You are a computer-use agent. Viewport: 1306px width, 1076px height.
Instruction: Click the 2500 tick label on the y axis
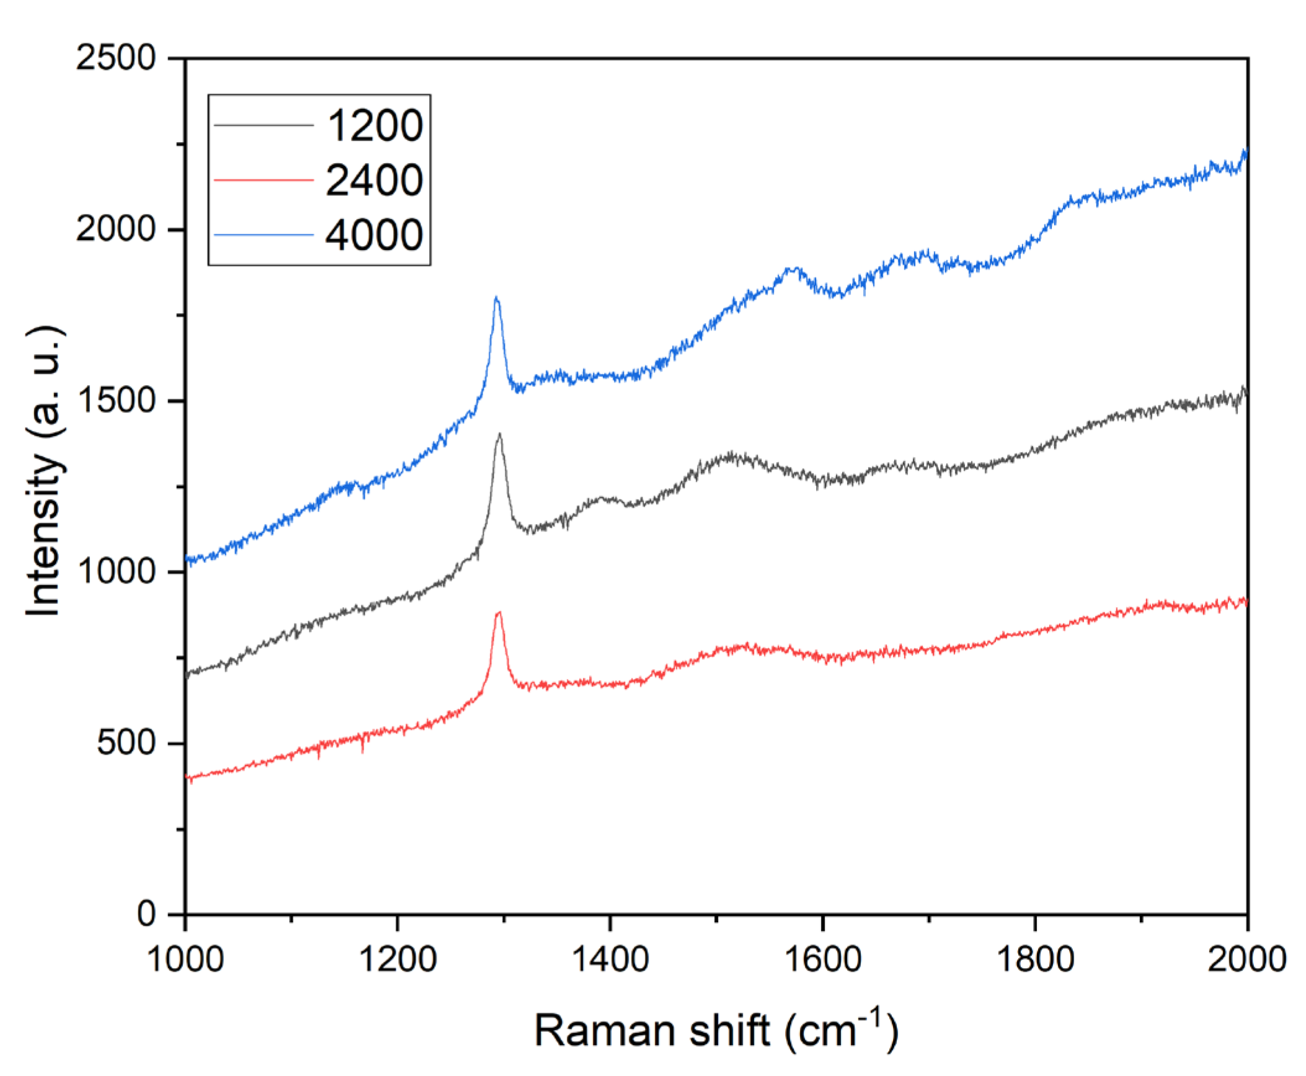tap(115, 59)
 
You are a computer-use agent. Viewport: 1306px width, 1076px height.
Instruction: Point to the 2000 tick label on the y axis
tap(115, 229)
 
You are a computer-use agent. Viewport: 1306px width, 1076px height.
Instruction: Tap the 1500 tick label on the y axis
tap(115, 401)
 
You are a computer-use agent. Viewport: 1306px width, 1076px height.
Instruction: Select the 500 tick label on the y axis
tap(126, 742)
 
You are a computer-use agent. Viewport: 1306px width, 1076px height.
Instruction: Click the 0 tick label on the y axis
tap(146, 914)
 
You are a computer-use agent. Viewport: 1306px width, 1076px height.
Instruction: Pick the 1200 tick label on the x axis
tap(397, 959)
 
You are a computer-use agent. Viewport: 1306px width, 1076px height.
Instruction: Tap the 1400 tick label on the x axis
tap(610, 959)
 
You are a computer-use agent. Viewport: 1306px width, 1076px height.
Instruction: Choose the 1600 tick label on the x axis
tap(822, 959)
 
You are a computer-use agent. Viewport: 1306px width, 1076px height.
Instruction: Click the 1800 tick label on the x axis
tap(1035, 959)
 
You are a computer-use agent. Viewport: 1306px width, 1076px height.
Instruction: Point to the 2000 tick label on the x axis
tap(1246, 959)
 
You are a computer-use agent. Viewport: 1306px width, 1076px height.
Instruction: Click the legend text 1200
tap(375, 125)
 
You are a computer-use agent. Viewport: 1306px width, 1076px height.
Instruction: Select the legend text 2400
tap(375, 180)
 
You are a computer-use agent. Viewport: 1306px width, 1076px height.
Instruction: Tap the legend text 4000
tap(375, 235)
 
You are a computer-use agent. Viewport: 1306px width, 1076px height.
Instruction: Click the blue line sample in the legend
tap(264, 235)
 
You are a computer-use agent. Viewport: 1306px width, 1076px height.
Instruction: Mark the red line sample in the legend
tap(264, 180)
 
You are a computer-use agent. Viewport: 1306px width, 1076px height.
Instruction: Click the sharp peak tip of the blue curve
tap(496, 298)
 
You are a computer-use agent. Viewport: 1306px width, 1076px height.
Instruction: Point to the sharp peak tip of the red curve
tap(498, 613)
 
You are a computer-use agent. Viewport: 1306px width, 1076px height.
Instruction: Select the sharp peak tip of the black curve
tap(499, 435)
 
